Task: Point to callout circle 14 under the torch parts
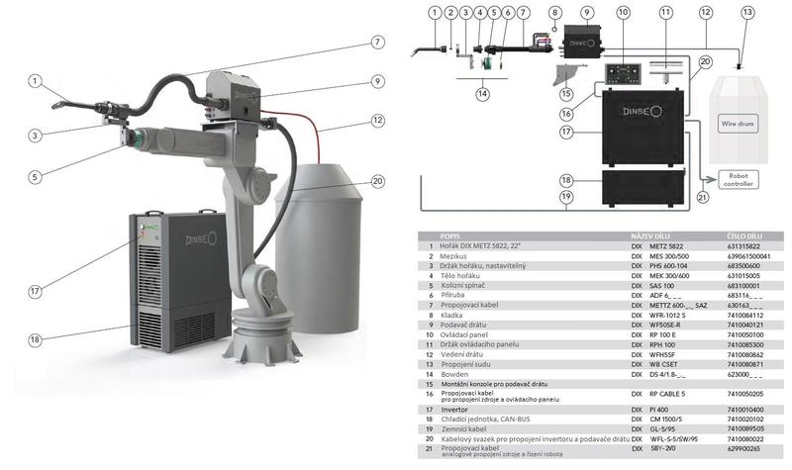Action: click(x=483, y=94)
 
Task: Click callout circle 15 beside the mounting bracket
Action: click(x=567, y=95)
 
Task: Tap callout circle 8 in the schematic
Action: click(x=555, y=12)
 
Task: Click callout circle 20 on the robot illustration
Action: click(x=377, y=181)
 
